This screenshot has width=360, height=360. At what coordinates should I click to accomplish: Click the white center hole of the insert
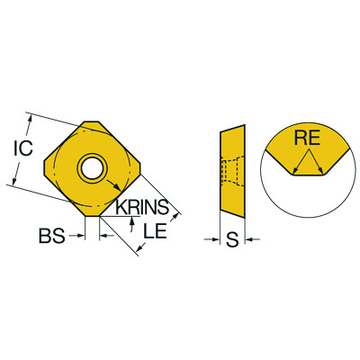click(x=92, y=166)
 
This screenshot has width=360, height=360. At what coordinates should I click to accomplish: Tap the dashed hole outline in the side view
click(x=236, y=170)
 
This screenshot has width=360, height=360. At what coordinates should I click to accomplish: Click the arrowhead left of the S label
click(x=216, y=239)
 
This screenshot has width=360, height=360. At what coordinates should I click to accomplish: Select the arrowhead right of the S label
click(x=248, y=239)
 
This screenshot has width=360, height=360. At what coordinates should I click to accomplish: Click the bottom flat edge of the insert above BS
click(x=92, y=215)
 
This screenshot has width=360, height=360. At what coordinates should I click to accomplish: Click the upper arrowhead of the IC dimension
click(x=31, y=116)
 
